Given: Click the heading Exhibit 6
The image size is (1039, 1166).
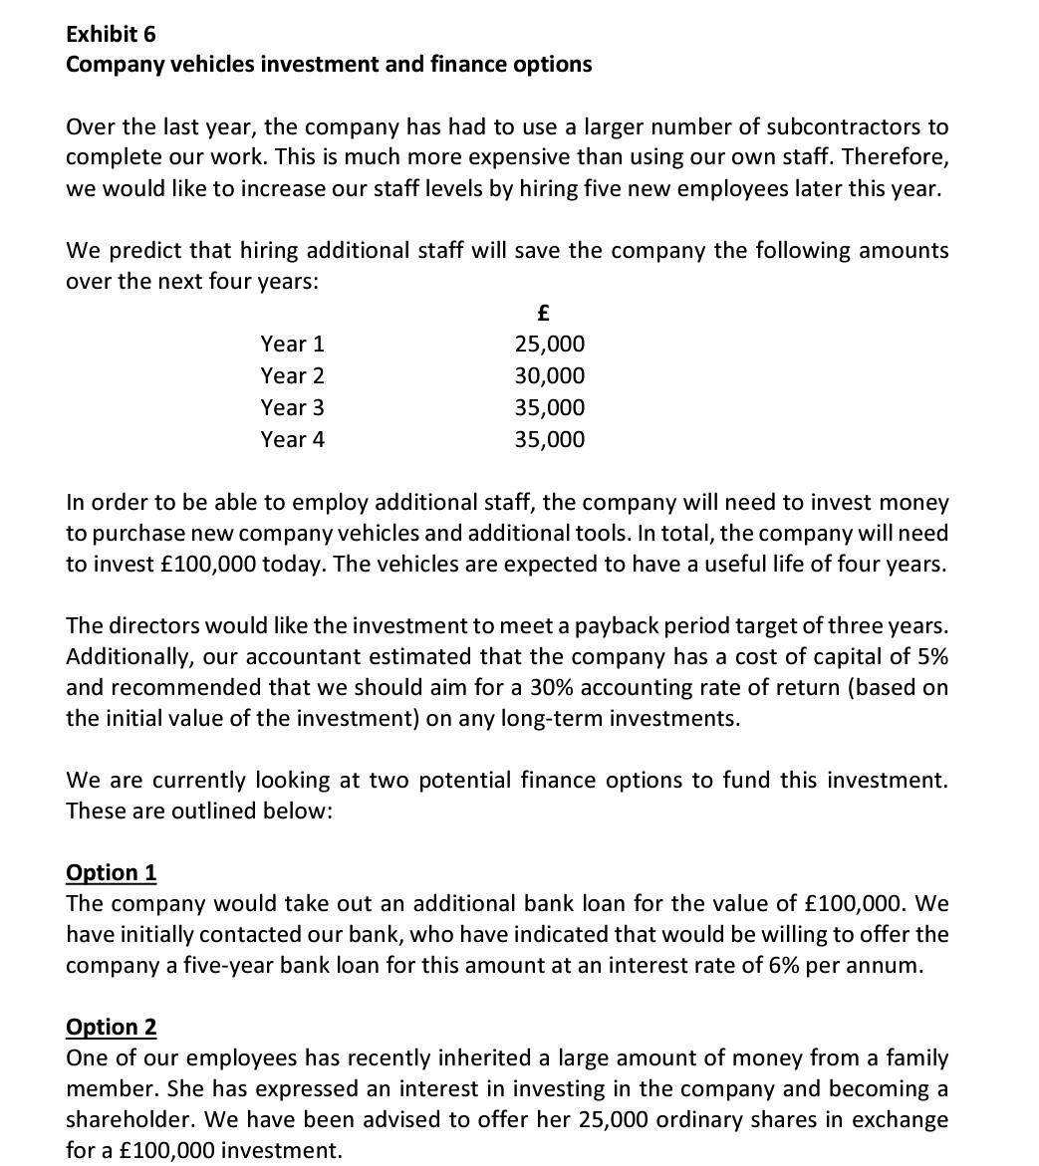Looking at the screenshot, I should (x=111, y=34).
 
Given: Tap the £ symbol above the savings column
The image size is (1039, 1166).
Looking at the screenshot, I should (x=543, y=313).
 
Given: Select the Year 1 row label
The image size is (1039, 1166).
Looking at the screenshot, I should (x=292, y=345).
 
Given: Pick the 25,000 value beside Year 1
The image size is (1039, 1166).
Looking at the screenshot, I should (x=549, y=345).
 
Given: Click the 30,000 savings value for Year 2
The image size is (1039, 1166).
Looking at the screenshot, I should (x=549, y=376).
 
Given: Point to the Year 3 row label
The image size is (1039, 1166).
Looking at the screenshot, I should (x=292, y=408).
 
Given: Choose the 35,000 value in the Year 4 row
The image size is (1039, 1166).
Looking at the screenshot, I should (x=549, y=440).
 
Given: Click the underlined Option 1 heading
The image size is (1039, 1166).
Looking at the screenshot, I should (x=111, y=872).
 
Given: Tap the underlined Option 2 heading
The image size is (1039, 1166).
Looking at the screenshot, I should (x=111, y=1027).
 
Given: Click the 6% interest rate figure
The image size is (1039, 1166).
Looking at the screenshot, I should (x=783, y=966).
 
